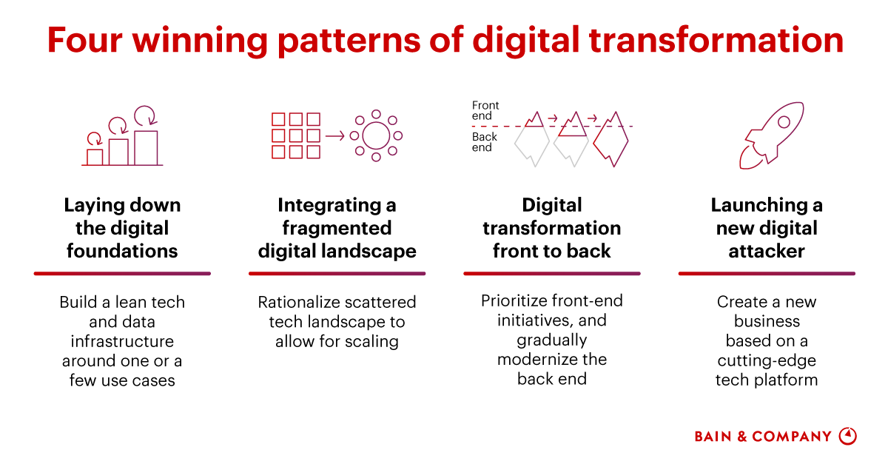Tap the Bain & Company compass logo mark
pyautogui.click(x=847, y=436)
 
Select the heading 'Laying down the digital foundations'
pyautogui.click(x=122, y=228)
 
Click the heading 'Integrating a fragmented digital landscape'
pyautogui.click(x=337, y=228)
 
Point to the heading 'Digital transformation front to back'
pyautogui.click(x=552, y=228)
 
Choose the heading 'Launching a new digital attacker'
pyautogui.click(x=767, y=228)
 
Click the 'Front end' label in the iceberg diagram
pyautogui.click(x=485, y=110)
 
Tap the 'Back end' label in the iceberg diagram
pyautogui.click(x=485, y=142)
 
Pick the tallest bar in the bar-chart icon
pyautogui.click(x=146, y=147)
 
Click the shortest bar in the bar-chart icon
pyautogui.click(x=95, y=157)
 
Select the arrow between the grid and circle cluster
pyautogui.click(x=334, y=135)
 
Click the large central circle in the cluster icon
pyautogui.click(x=376, y=135)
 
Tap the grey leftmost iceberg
pyautogui.click(x=531, y=144)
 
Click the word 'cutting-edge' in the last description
pyautogui.click(x=767, y=360)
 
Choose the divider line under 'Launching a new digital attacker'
pyautogui.click(x=767, y=274)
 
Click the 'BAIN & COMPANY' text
pyautogui.click(x=763, y=437)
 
